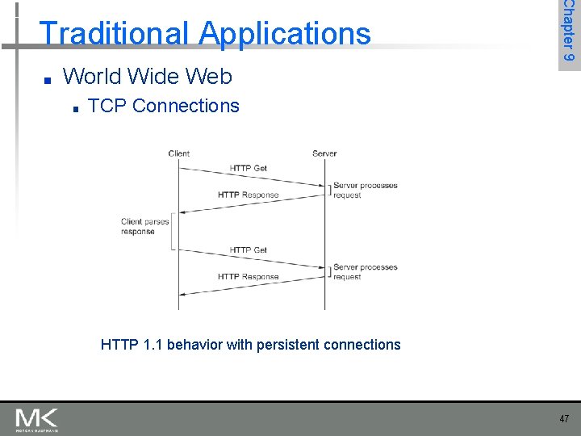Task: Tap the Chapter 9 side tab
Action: pos(568,32)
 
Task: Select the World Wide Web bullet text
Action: pos(147,77)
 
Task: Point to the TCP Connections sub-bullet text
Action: pos(163,106)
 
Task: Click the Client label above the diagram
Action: pos(179,153)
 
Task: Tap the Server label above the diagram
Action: pos(324,153)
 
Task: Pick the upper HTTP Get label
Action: pos(248,168)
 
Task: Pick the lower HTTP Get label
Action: pos(248,250)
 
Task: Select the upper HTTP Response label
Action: pos(248,195)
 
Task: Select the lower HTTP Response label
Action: pos(248,277)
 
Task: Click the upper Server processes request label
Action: pos(365,190)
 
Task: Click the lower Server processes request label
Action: pos(365,271)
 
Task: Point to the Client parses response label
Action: pos(145,226)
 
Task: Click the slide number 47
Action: pos(563,419)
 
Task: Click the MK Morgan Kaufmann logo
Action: pos(36,419)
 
